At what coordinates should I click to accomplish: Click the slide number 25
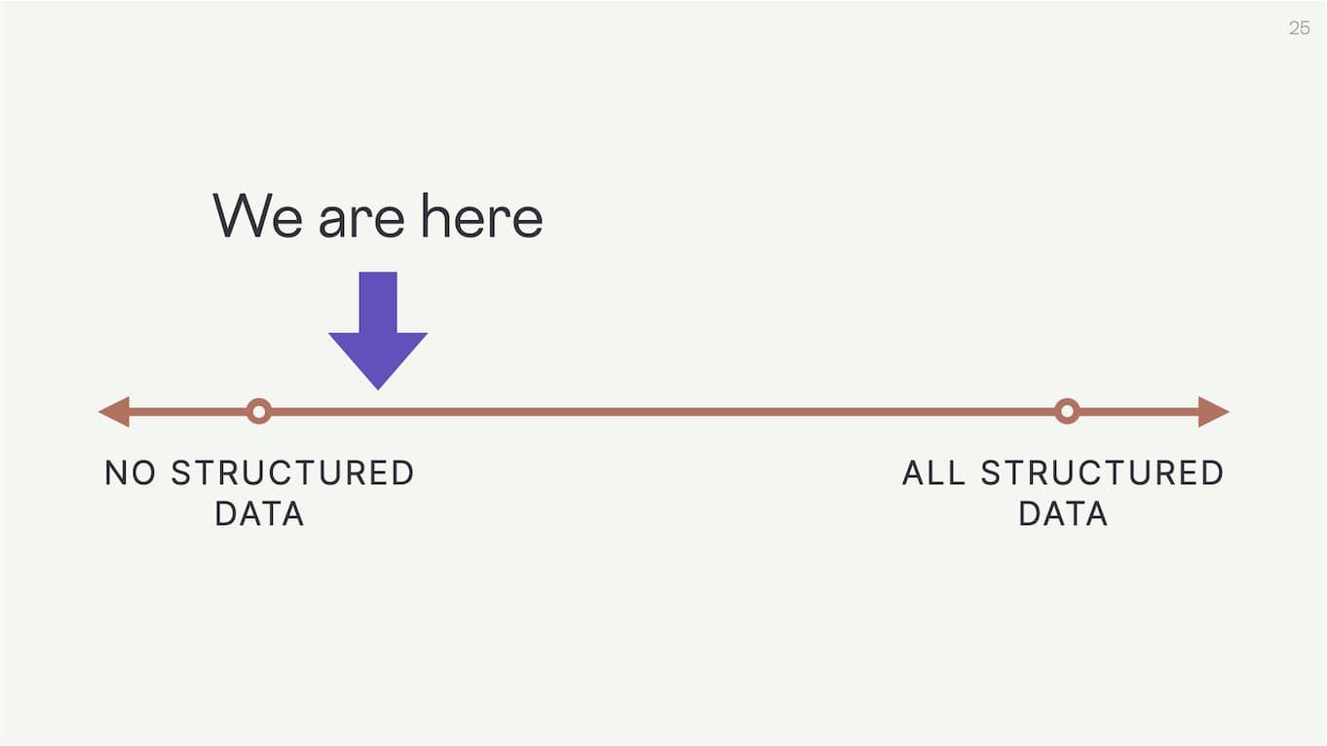[1299, 28]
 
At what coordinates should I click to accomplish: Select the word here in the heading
[481, 216]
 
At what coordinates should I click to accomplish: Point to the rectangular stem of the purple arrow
[378, 302]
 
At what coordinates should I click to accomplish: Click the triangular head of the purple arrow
[378, 356]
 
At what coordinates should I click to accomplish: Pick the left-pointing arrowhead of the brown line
[115, 412]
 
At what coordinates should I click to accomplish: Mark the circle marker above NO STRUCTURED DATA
[258, 412]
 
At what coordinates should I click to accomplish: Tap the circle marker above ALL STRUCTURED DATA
[1067, 412]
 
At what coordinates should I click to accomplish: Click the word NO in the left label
[131, 473]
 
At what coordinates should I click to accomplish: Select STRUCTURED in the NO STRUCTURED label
[292, 473]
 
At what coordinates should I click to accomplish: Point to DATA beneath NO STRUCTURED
[259, 514]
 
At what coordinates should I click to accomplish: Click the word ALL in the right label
[933, 473]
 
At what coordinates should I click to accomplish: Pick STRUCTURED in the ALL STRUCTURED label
[1102, 473]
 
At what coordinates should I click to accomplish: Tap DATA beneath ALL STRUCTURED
[1063, 514]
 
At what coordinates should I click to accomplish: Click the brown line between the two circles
[663, 412]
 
